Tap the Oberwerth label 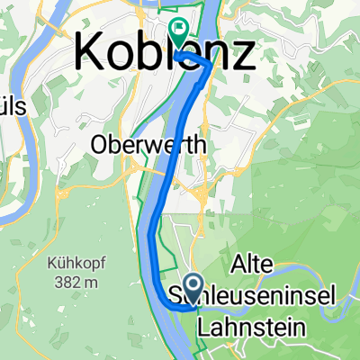click(x=150, y=144)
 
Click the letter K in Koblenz click(x=91, y=54)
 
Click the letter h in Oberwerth click(x=202, y=144)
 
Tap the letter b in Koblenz click(x=148, y=54)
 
